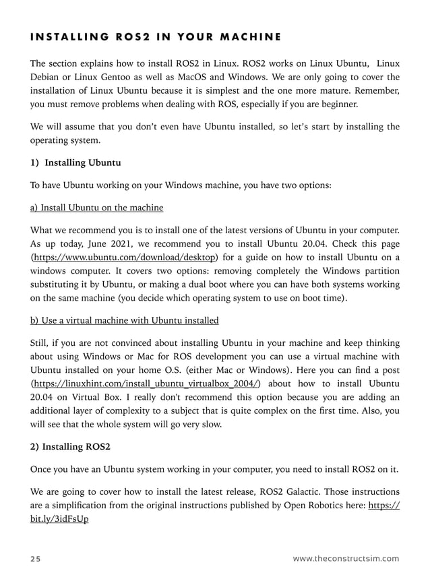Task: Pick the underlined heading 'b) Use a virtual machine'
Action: point(125,320)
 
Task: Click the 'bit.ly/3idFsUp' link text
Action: point(59,519)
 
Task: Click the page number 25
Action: point(36,558)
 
